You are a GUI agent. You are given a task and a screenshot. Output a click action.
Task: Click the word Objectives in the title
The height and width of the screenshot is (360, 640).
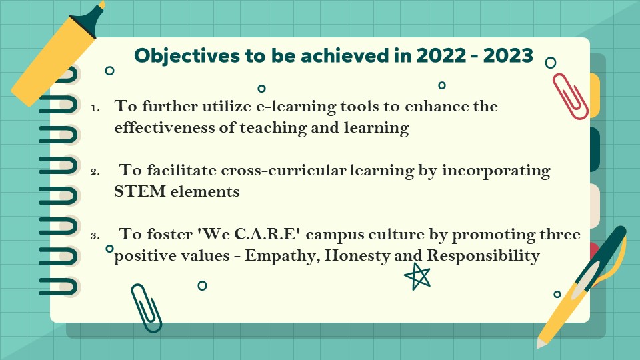click(x=187, y=56)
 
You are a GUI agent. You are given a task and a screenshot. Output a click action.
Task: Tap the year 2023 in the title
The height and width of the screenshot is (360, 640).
click(x=508, y=55)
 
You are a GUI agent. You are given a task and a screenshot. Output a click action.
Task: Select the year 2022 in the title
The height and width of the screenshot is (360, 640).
click(x=441, y=55)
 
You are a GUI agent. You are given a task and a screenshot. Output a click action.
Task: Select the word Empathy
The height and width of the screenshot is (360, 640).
click(x=283, y=256)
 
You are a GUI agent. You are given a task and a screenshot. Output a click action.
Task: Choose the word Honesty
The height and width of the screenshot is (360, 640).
click(x=357, y=256)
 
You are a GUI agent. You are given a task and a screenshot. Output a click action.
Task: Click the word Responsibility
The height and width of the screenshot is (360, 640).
click(x=483, y=256)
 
